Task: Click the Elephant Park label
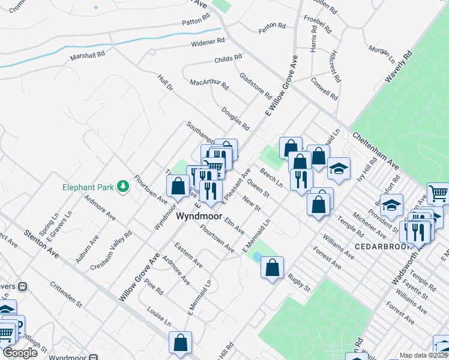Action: [x=88, y=187]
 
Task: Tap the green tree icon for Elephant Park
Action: [x=123, y=187]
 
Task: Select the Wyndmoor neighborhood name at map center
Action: [x=200, y=216]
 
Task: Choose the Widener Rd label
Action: [x=208, y=43]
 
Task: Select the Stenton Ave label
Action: [x=41, y=242]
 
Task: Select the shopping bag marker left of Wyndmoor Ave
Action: [x=178, y=186]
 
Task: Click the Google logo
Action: [x=20, y=353]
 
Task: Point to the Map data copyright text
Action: [x=423, y=355]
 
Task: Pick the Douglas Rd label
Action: [x=235, y=119]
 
